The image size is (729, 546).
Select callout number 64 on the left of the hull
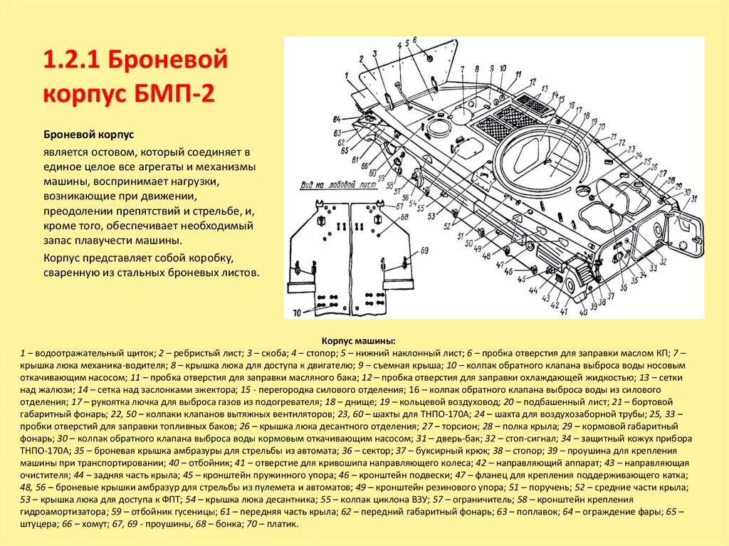point(336,117)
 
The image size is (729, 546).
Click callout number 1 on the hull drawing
point(346,73)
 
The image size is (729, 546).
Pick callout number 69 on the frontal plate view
point(425,251)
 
